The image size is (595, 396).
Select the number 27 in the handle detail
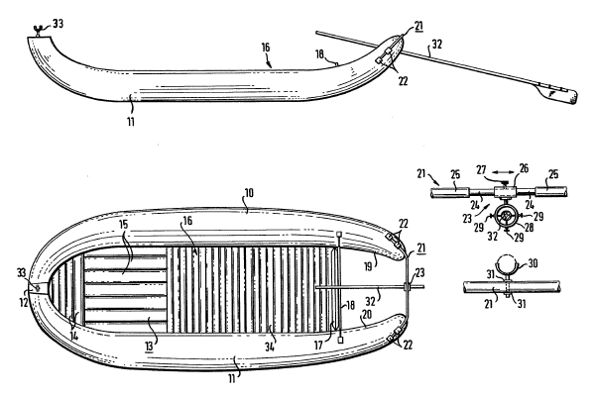481,169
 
